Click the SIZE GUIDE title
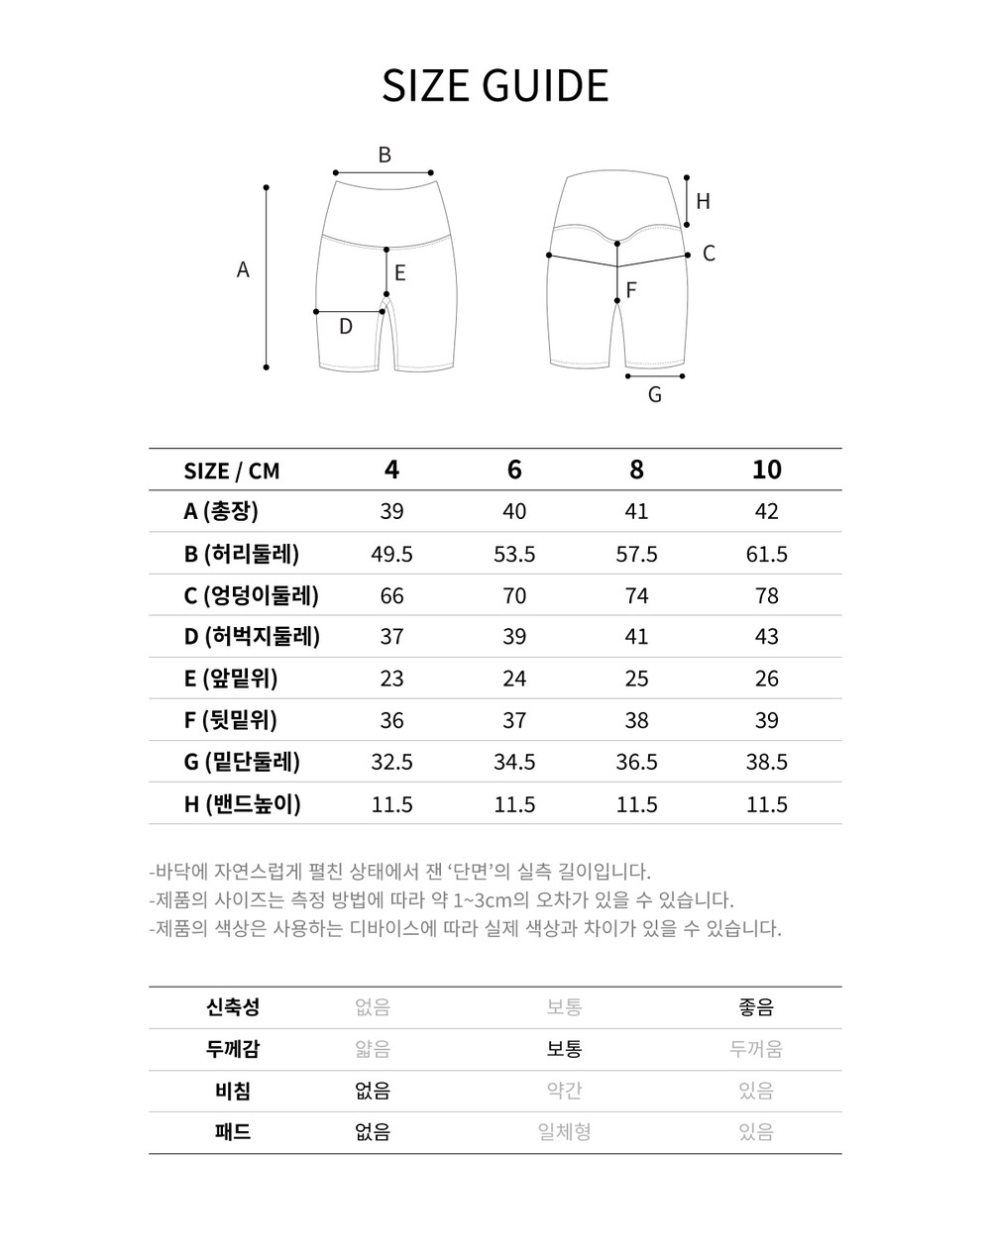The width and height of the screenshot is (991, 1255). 495,86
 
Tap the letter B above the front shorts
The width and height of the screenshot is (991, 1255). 385,155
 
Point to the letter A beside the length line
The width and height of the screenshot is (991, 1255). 243,269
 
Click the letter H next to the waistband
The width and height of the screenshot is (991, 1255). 703,201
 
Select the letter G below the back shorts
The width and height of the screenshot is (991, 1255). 654,395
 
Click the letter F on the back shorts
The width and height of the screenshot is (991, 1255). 630,290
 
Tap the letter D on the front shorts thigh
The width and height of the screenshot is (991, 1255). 345,326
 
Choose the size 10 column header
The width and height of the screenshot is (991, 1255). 766,470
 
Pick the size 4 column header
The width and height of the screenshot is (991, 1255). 391,470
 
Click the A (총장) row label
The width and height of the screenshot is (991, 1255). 221,511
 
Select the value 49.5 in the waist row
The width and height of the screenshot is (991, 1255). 391,554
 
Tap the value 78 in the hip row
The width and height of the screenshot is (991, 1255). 766,595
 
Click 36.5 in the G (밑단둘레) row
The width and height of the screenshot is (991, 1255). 636,762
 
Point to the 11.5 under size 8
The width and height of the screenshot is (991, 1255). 636,803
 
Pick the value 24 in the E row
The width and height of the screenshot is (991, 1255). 514,679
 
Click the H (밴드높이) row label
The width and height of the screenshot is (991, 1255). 242,803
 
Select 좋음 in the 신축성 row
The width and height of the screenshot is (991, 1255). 756,1007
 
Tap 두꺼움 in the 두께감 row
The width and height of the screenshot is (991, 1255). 756,1049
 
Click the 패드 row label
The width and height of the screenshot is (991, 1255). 233,1132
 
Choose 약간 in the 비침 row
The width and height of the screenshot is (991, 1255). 564,1091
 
